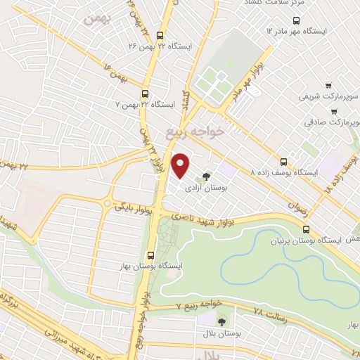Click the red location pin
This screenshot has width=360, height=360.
click(x=181, y=165)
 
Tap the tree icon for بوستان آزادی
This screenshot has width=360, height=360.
click(x=206, y=176)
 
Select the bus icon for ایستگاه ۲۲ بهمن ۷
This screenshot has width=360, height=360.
click(x=146, y=94)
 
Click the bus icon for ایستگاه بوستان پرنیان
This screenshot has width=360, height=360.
click(x=305, y=229)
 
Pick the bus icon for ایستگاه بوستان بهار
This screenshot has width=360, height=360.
click(x=150, y=255)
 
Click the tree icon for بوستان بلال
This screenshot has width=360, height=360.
click(x=221, y=322)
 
